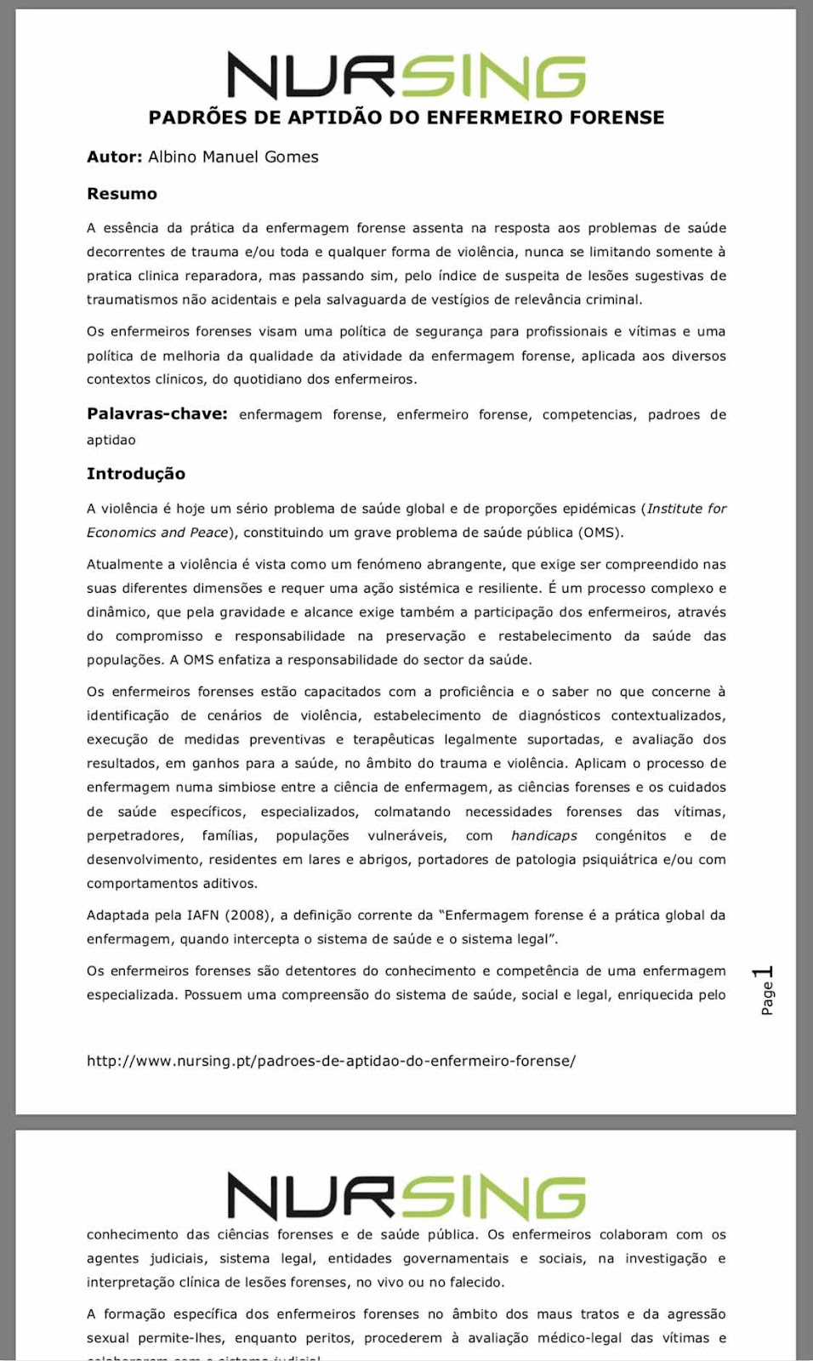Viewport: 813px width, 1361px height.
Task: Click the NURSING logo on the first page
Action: coord(406,77)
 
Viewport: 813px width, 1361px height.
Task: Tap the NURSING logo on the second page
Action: coord(406,1196)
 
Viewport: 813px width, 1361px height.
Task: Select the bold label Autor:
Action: coord(114,157)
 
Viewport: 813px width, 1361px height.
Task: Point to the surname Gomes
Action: coord(291,157)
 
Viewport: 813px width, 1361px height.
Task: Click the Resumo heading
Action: coord(122,194)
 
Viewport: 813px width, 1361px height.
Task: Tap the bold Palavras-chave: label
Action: coord(156,414)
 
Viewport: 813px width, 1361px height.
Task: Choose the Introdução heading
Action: coord(135,474)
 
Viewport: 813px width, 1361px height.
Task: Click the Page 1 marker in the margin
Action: coord(765,989)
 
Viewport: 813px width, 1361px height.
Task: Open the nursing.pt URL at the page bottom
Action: coord(331,1061)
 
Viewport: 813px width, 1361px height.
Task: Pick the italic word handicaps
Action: coord(543,835)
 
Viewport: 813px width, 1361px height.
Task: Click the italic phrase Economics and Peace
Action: coord(157,532)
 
